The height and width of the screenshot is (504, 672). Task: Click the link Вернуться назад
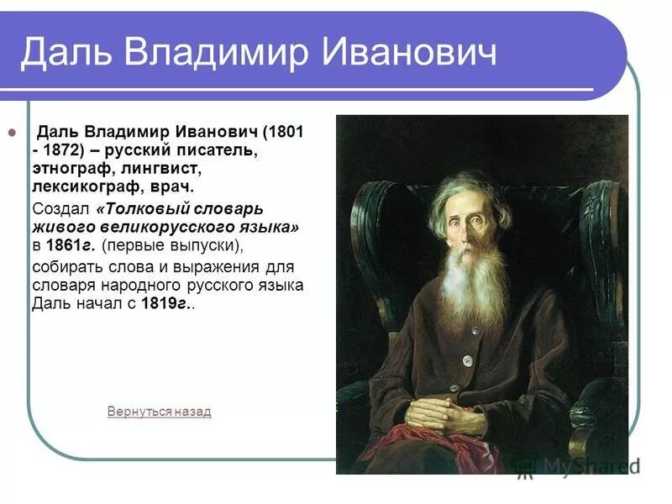159,412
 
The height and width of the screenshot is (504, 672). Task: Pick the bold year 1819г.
165,304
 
